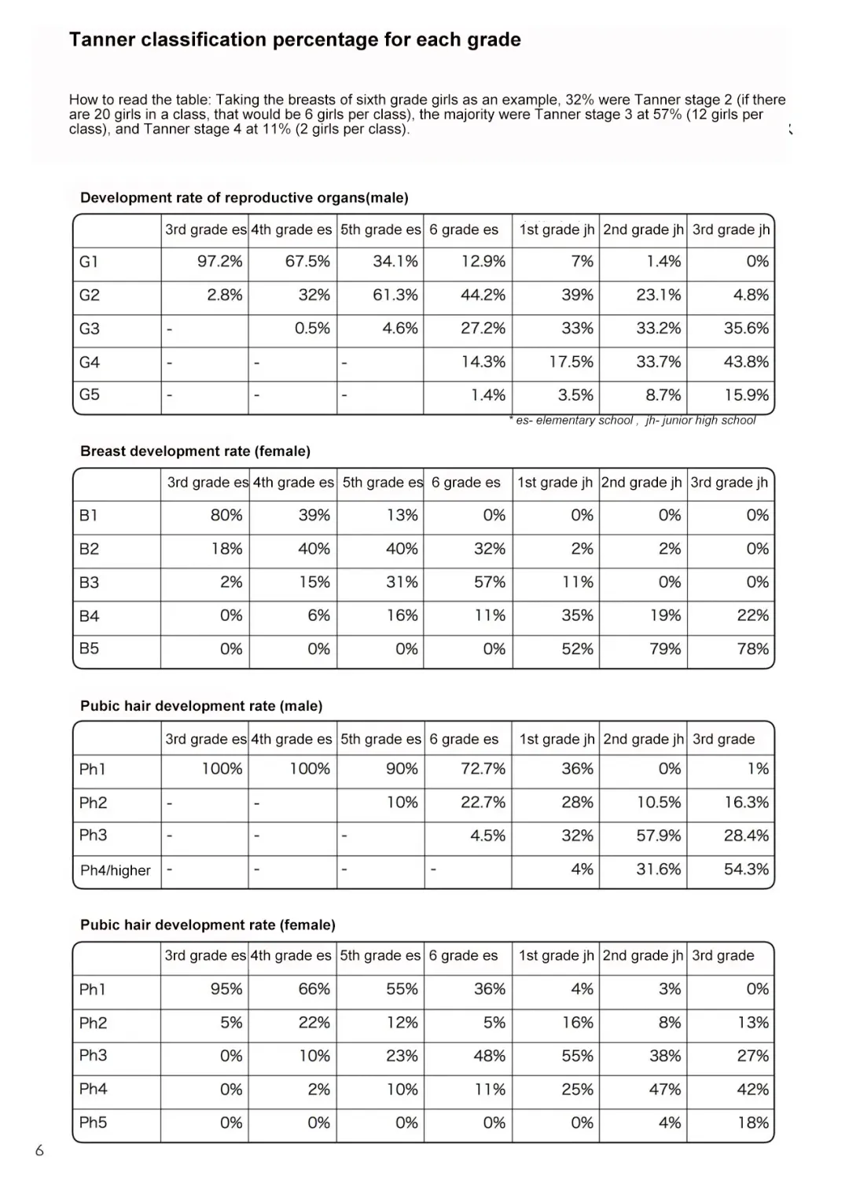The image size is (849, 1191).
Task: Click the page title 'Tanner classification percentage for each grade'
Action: (295, 40)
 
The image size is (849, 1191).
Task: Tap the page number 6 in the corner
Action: (39, 1151)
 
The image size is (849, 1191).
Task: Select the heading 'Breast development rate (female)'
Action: (195, 451)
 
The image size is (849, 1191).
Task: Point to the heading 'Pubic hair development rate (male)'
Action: (201, 706)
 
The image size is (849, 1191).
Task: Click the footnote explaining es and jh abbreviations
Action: (633, 421)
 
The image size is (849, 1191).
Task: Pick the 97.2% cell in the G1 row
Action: (219, 262)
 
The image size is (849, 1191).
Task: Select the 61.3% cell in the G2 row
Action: (395, 296)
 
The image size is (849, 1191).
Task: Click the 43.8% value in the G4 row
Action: (746, 362)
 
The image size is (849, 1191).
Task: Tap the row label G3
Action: (90, 329)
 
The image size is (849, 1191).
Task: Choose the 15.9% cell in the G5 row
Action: (746, 395)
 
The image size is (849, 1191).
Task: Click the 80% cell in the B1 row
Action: (226, 516)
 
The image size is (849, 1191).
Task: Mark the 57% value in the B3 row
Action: (489, 583)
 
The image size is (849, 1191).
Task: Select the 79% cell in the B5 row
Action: (665, 649)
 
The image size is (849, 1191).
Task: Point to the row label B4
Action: (90, 616)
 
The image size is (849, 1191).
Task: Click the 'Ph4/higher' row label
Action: (116, 870)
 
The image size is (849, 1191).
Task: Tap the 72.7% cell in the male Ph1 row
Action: (483, 769)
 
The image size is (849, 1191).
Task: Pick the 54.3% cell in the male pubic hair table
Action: (746, 869)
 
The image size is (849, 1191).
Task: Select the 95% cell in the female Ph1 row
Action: (226, 990)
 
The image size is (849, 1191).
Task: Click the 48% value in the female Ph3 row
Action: (489, 1057)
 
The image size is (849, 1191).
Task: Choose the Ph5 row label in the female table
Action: (93, 1123)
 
